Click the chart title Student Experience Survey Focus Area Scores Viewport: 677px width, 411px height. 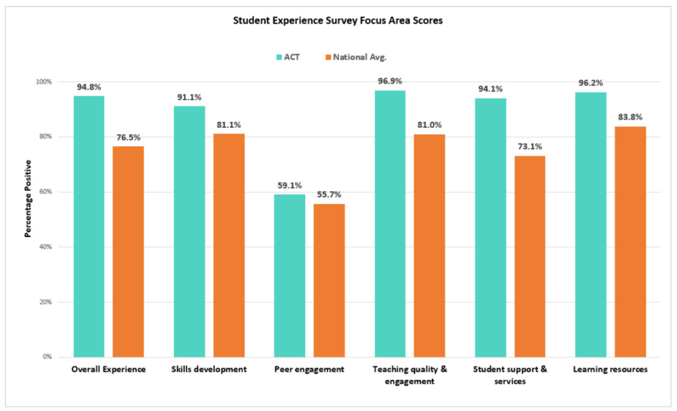point(338,20)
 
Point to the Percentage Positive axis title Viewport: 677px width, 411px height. point(28,198)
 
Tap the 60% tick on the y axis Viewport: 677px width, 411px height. point(44,192)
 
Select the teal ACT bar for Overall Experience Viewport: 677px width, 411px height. point(89,226)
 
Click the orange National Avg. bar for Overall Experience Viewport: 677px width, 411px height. point(128,251)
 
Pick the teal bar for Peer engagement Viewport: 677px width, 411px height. point(289,276)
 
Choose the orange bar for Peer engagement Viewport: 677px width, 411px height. point(328,280)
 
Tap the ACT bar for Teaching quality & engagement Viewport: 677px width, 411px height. point(389,223)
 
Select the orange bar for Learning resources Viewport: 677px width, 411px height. point(630,242)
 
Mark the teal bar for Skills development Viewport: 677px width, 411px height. point(189,232)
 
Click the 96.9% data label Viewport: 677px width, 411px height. point(390,82)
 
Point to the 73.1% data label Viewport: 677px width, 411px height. point(529,147)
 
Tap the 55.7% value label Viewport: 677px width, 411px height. point(328,195)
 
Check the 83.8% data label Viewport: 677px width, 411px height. point(630,117)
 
